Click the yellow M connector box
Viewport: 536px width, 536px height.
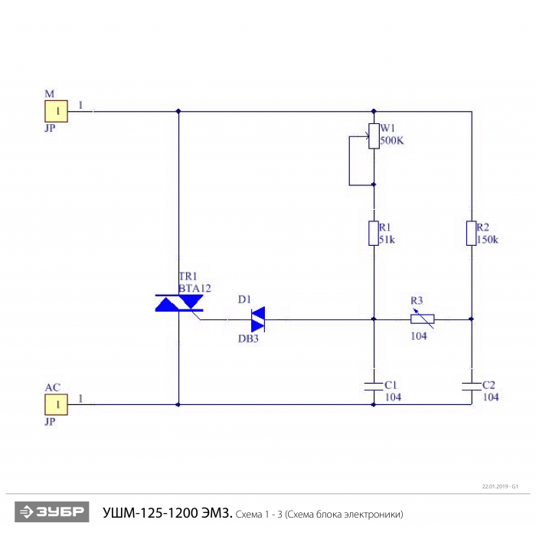click(x=57, y=111)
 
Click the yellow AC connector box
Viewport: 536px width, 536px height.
click(x=57, y=404)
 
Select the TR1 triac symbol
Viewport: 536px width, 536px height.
click(x=179, y=304)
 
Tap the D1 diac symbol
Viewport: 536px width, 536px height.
click(x=257, y=318)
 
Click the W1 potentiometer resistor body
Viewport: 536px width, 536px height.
click(x=374, y=136)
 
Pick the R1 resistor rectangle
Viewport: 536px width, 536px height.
click(x=374, y=233)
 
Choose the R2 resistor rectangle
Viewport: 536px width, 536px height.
click(x=471, y=233)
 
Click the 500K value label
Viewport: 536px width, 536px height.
click(x=392, y=141)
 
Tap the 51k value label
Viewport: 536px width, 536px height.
click(x=387, y=240)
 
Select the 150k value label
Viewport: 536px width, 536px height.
click(x=487, y=240)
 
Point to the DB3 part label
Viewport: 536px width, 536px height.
click(x=248, y=338)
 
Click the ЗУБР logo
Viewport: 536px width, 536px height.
click(x=52, y=512)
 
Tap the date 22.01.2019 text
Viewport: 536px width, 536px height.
click(x=496, y=486)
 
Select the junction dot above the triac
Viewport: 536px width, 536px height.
click(x=179, y=111)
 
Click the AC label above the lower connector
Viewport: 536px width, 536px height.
click(x=52, y=387)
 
